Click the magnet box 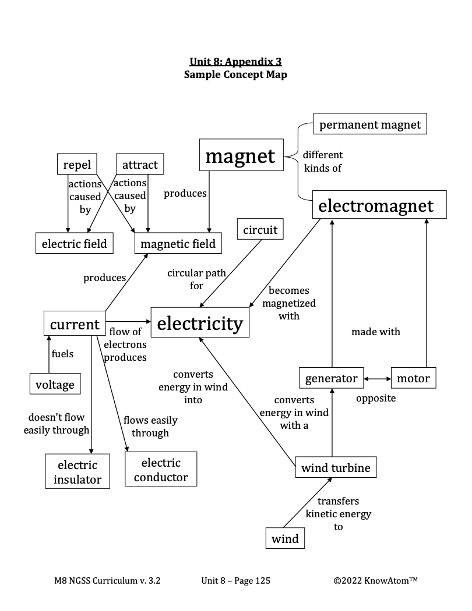[x=241, y=155]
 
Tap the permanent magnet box [x=370, y=125]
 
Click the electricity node [x=200, y=323]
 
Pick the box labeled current [x=75, y=324]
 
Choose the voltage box [x=55, y=384]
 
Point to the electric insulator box [x=78, y=472]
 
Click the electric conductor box [x=161, y=470]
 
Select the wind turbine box [x=336, y=467]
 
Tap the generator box [x=332, y=378]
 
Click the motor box [x=413, y=378]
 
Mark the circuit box [x=260, y=230]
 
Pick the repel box [x=77, y=164]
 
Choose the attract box [x=140, y=164]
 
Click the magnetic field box [x=178, y=243]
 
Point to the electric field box [x=74, y=243]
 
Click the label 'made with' [x=376, y=332]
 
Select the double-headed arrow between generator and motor [x=378, y=379]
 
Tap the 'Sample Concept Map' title [x=235, y=74]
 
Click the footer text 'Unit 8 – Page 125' [x=235, y=580]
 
